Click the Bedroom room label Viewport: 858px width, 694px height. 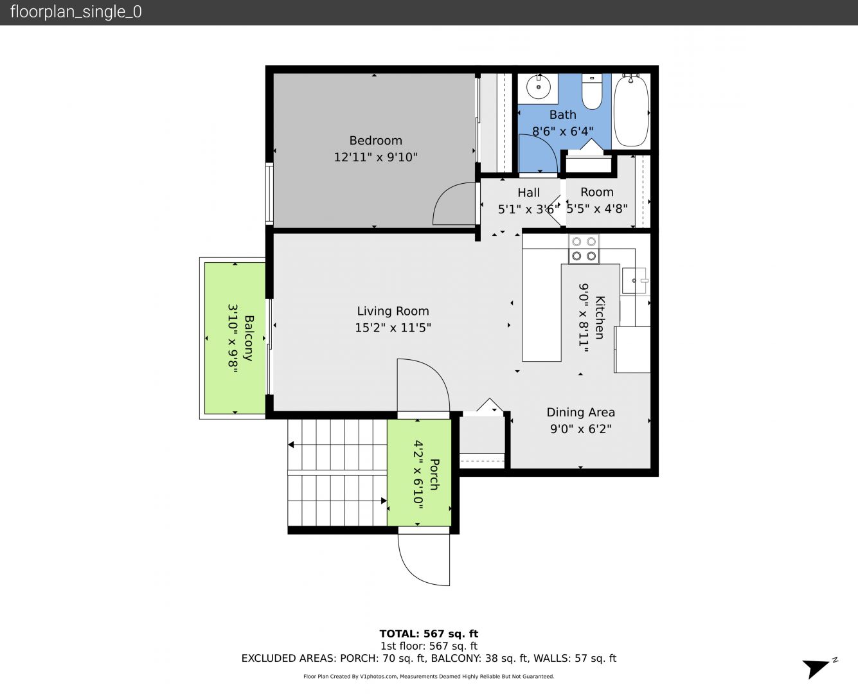(375, 141)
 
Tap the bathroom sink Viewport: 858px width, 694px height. (539, 87)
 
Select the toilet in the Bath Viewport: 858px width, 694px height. (592, 92)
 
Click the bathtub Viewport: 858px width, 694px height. (631, 110)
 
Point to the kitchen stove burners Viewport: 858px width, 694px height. (584, 249)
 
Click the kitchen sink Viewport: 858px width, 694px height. (634, 280)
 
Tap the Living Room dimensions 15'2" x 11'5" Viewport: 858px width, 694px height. (393, 328)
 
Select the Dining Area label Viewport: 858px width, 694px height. (580, 413)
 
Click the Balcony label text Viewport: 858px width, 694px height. (249, 338)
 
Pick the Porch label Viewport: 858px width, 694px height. (434, 474)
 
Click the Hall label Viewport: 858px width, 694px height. (528, 193)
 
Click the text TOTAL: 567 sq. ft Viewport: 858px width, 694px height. (429, 634)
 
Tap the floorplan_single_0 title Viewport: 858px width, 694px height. (76, 12)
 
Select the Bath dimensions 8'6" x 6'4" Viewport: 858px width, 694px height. (563, 131)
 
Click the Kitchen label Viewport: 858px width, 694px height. (600, 317)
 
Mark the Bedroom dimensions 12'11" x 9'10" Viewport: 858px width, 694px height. (375, 157)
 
